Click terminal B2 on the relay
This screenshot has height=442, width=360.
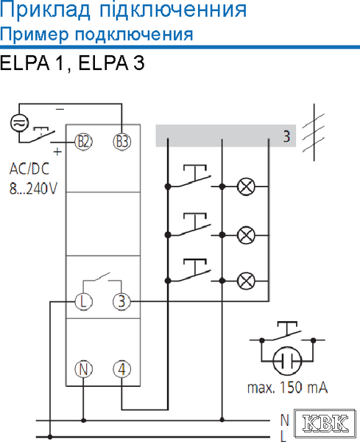[83, 141]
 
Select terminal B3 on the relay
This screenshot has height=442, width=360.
[122, 141]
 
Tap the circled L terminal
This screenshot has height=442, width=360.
[83, 301]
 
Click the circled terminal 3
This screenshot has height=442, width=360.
[121, 301]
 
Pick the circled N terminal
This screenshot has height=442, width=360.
[83, 369]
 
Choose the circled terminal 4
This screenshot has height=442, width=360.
[121, 369]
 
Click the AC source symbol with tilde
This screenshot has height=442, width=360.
[19, 122]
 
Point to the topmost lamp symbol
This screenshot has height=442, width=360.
[246, 186]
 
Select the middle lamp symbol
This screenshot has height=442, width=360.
[246, 235]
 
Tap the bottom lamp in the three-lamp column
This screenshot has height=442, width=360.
[246, 281]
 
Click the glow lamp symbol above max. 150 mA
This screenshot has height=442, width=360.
[287, 360]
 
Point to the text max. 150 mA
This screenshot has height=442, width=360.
[288, 387]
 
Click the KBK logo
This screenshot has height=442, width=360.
[325, 424]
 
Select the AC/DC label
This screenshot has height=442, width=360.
[29, 169]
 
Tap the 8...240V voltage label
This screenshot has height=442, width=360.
[33, 189]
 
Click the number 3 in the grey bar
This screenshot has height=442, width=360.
[286, 136]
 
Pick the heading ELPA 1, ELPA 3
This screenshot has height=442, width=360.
[72, 63]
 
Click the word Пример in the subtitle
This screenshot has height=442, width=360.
[34, 35]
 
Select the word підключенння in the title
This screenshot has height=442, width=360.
[173, 10]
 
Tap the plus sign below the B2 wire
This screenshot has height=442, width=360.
[57, 152]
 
